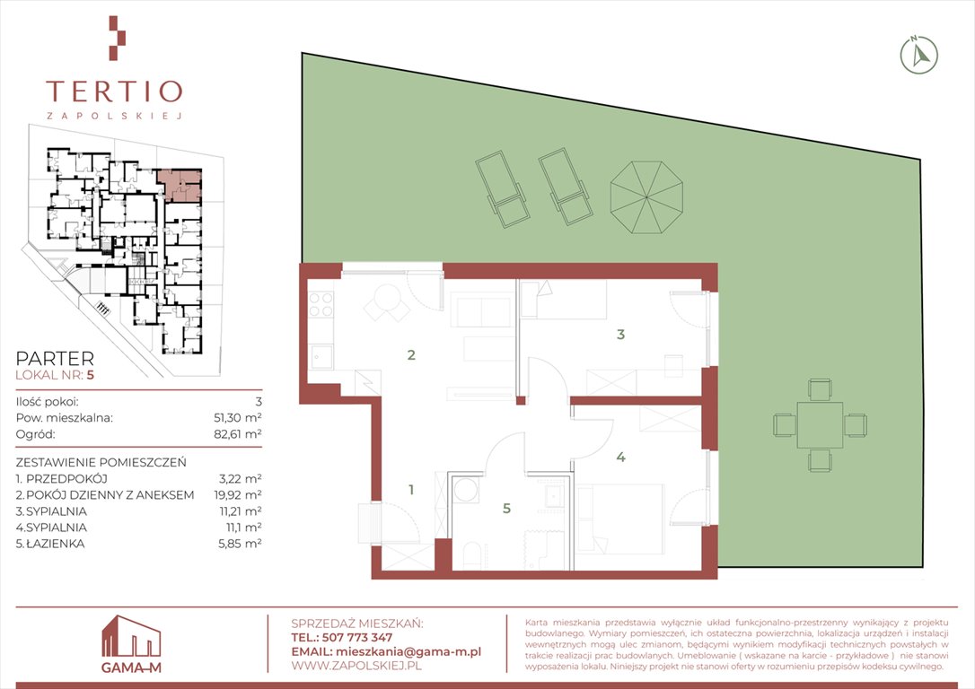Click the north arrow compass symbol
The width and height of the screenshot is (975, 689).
click(919, 56)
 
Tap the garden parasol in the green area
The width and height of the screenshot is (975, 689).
click(646, 197)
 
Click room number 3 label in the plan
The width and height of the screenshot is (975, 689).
click(620, 335)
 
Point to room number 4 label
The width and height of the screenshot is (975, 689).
click(620, 457)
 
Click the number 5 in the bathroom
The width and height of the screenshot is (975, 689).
click(506, 508)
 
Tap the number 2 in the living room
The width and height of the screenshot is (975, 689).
click(411, 354)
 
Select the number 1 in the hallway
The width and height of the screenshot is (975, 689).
click(411, 490)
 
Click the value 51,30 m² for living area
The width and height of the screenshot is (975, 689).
click(238, 417)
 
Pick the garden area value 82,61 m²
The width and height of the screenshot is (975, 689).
click(238, 433)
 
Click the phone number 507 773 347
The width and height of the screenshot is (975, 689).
click(357, 638)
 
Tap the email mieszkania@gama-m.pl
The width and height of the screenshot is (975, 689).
click(408, 651)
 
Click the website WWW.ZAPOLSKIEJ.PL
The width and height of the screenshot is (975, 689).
click(356, 666)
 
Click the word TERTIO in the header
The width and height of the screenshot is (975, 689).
click(114, 91)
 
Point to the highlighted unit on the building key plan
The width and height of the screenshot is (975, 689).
click(180, 185)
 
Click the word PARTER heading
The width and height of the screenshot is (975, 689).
click(55, 359)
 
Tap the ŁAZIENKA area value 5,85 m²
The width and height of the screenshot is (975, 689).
click(240, 543)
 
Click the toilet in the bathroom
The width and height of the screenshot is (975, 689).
click(472, 554)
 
